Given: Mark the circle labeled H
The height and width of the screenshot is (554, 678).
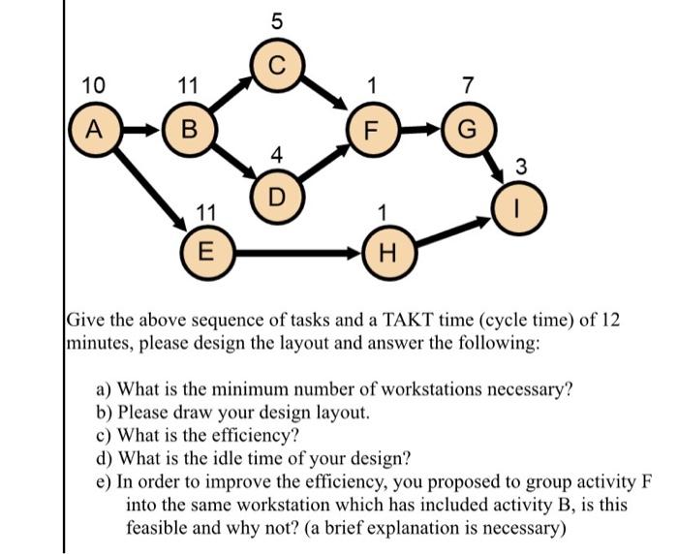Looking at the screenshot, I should coord(386,255).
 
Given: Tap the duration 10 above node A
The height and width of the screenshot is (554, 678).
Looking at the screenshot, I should coord(94,85).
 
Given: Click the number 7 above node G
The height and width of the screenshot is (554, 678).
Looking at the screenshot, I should coord(467,85).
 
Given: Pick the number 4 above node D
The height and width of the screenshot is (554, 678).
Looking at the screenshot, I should coord(278,153).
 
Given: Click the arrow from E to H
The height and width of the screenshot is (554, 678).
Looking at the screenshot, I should coord(296,255).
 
